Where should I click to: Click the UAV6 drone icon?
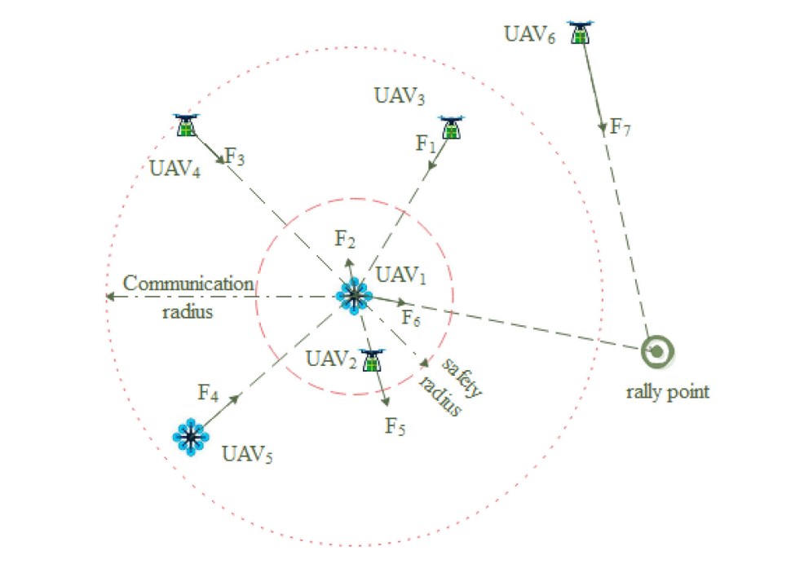(581, 32)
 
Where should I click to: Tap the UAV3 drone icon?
(451, 127)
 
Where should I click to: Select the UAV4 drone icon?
(187, 125)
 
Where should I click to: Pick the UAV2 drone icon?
(373, 360)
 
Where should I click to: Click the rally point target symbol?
(656, 351)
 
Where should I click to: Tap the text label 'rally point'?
(667, 392)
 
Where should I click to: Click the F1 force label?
(424, 144)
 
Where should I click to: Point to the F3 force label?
(235, 156)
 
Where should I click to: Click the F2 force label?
(345, 239)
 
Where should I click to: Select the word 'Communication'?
(188, 284)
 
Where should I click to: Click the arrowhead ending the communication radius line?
(109, 297)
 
